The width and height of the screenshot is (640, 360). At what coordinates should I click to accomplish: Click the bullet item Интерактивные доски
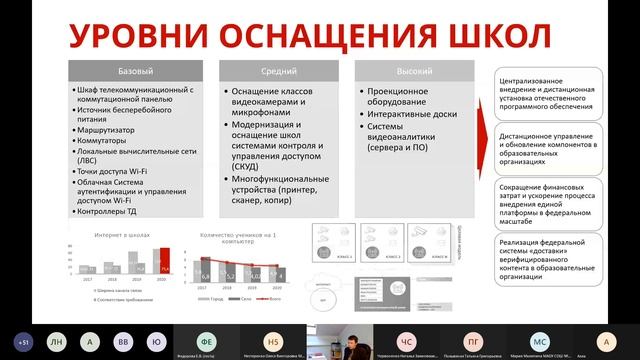point(408,115)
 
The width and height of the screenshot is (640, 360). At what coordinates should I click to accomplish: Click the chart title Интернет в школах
point(122,232)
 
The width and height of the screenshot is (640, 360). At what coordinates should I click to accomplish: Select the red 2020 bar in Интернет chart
point(167,267)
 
